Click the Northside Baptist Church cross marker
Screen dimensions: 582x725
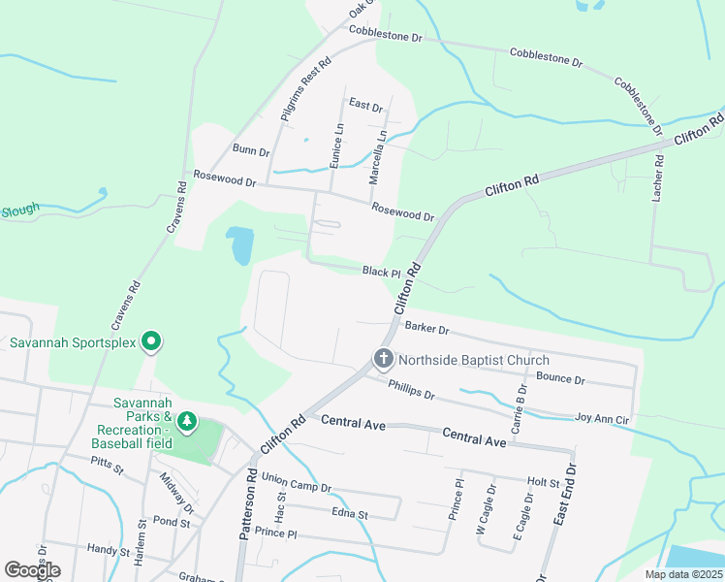click(x=383, y=360)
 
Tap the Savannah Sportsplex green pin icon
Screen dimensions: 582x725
click(x=150, y=341)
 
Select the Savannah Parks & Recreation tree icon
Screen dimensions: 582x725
click(x=186, y=424)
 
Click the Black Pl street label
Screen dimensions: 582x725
click(x=382, y=273)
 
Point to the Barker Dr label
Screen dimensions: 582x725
click(x=427, y=330)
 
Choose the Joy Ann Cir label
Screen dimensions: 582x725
click(x=603, y=417)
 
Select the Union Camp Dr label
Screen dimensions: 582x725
click(x=297, y=482)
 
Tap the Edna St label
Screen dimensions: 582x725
click(x=350, y=514)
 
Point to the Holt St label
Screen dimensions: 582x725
click(x=543, y=481)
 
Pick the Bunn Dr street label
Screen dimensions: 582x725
click(x=250, y=149)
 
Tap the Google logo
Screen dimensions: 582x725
click(x=32, y=569)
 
